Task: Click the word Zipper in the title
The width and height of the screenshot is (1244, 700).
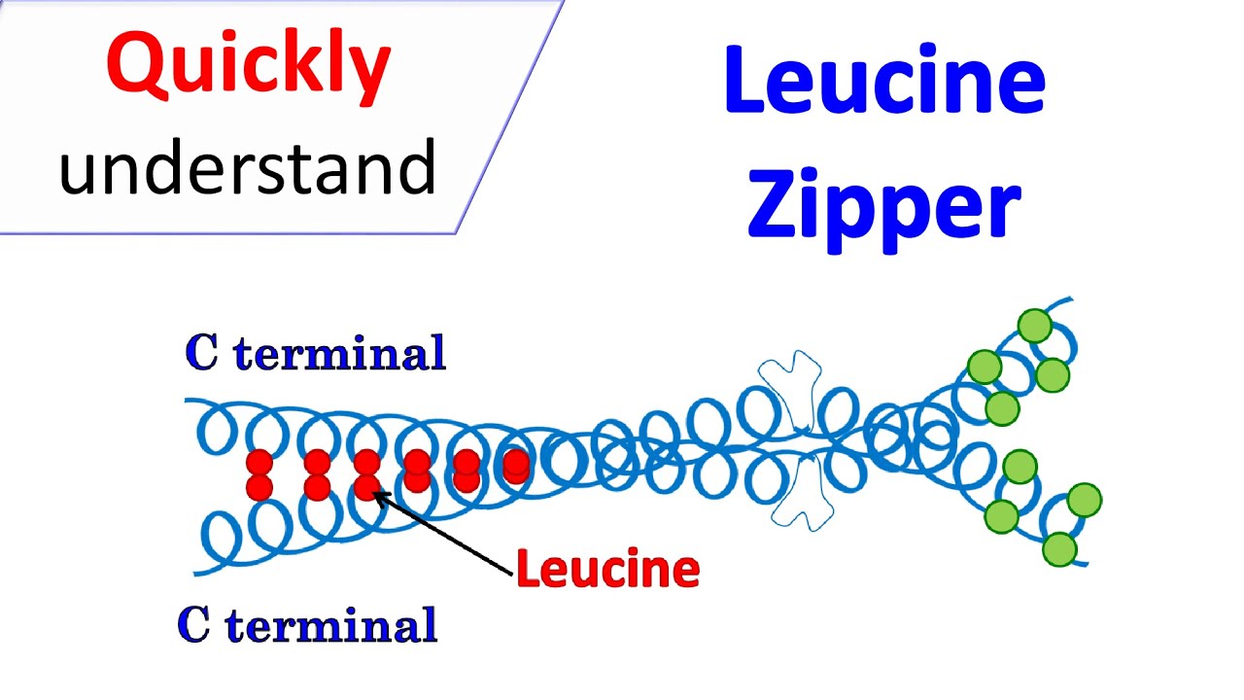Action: click(885, 207)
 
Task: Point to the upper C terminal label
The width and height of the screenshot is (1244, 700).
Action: click(316, 352)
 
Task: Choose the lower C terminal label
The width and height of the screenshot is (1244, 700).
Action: click(308, 624)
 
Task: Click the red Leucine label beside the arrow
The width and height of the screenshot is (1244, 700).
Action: click(607, 568)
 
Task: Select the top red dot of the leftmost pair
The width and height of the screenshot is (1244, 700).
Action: click(259, 463)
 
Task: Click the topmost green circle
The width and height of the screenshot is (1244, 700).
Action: click(1035, 326)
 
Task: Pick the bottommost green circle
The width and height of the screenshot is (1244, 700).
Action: click(1059, 549)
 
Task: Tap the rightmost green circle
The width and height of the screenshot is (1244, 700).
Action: click(1085, 500)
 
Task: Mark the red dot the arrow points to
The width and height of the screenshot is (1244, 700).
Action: click(367, 487)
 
